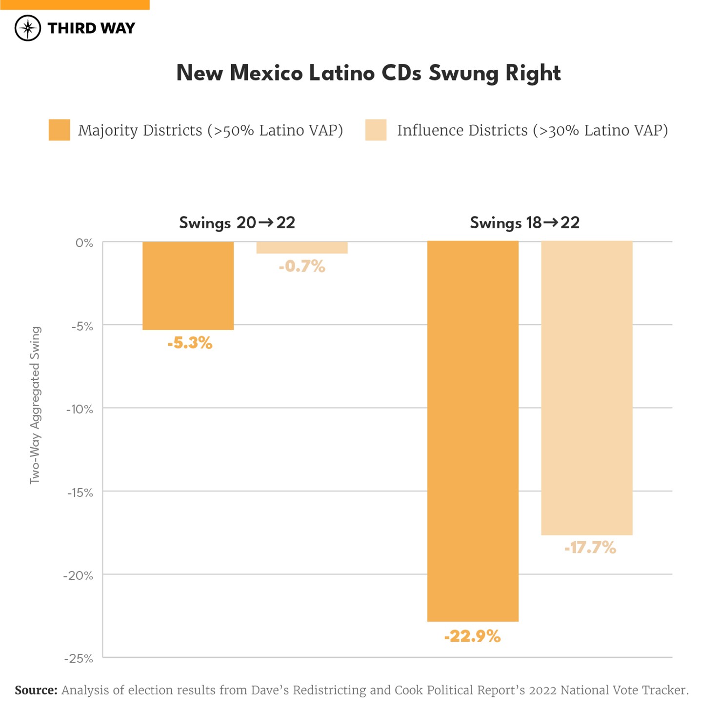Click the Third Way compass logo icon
point(28,28)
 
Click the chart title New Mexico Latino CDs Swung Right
point(368,73)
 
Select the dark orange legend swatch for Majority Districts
point(59,130)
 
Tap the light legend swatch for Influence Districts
point(376,130)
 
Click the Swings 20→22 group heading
point(237,223)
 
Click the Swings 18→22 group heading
point(524,223)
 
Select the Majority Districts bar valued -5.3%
point(188,286)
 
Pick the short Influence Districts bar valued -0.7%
point(302,247)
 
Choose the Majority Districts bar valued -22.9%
point(473,431)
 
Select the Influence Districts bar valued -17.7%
point(587,388)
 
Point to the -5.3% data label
point(190,343)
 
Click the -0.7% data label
point(302,266)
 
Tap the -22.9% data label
point(472,636)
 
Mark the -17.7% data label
point(590,548)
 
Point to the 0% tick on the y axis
point(84,243)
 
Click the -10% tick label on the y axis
point(80,409)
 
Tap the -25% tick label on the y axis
point(79,658)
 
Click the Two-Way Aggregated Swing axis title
point(35,405)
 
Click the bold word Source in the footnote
point(36,690)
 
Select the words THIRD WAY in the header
point(91,28)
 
